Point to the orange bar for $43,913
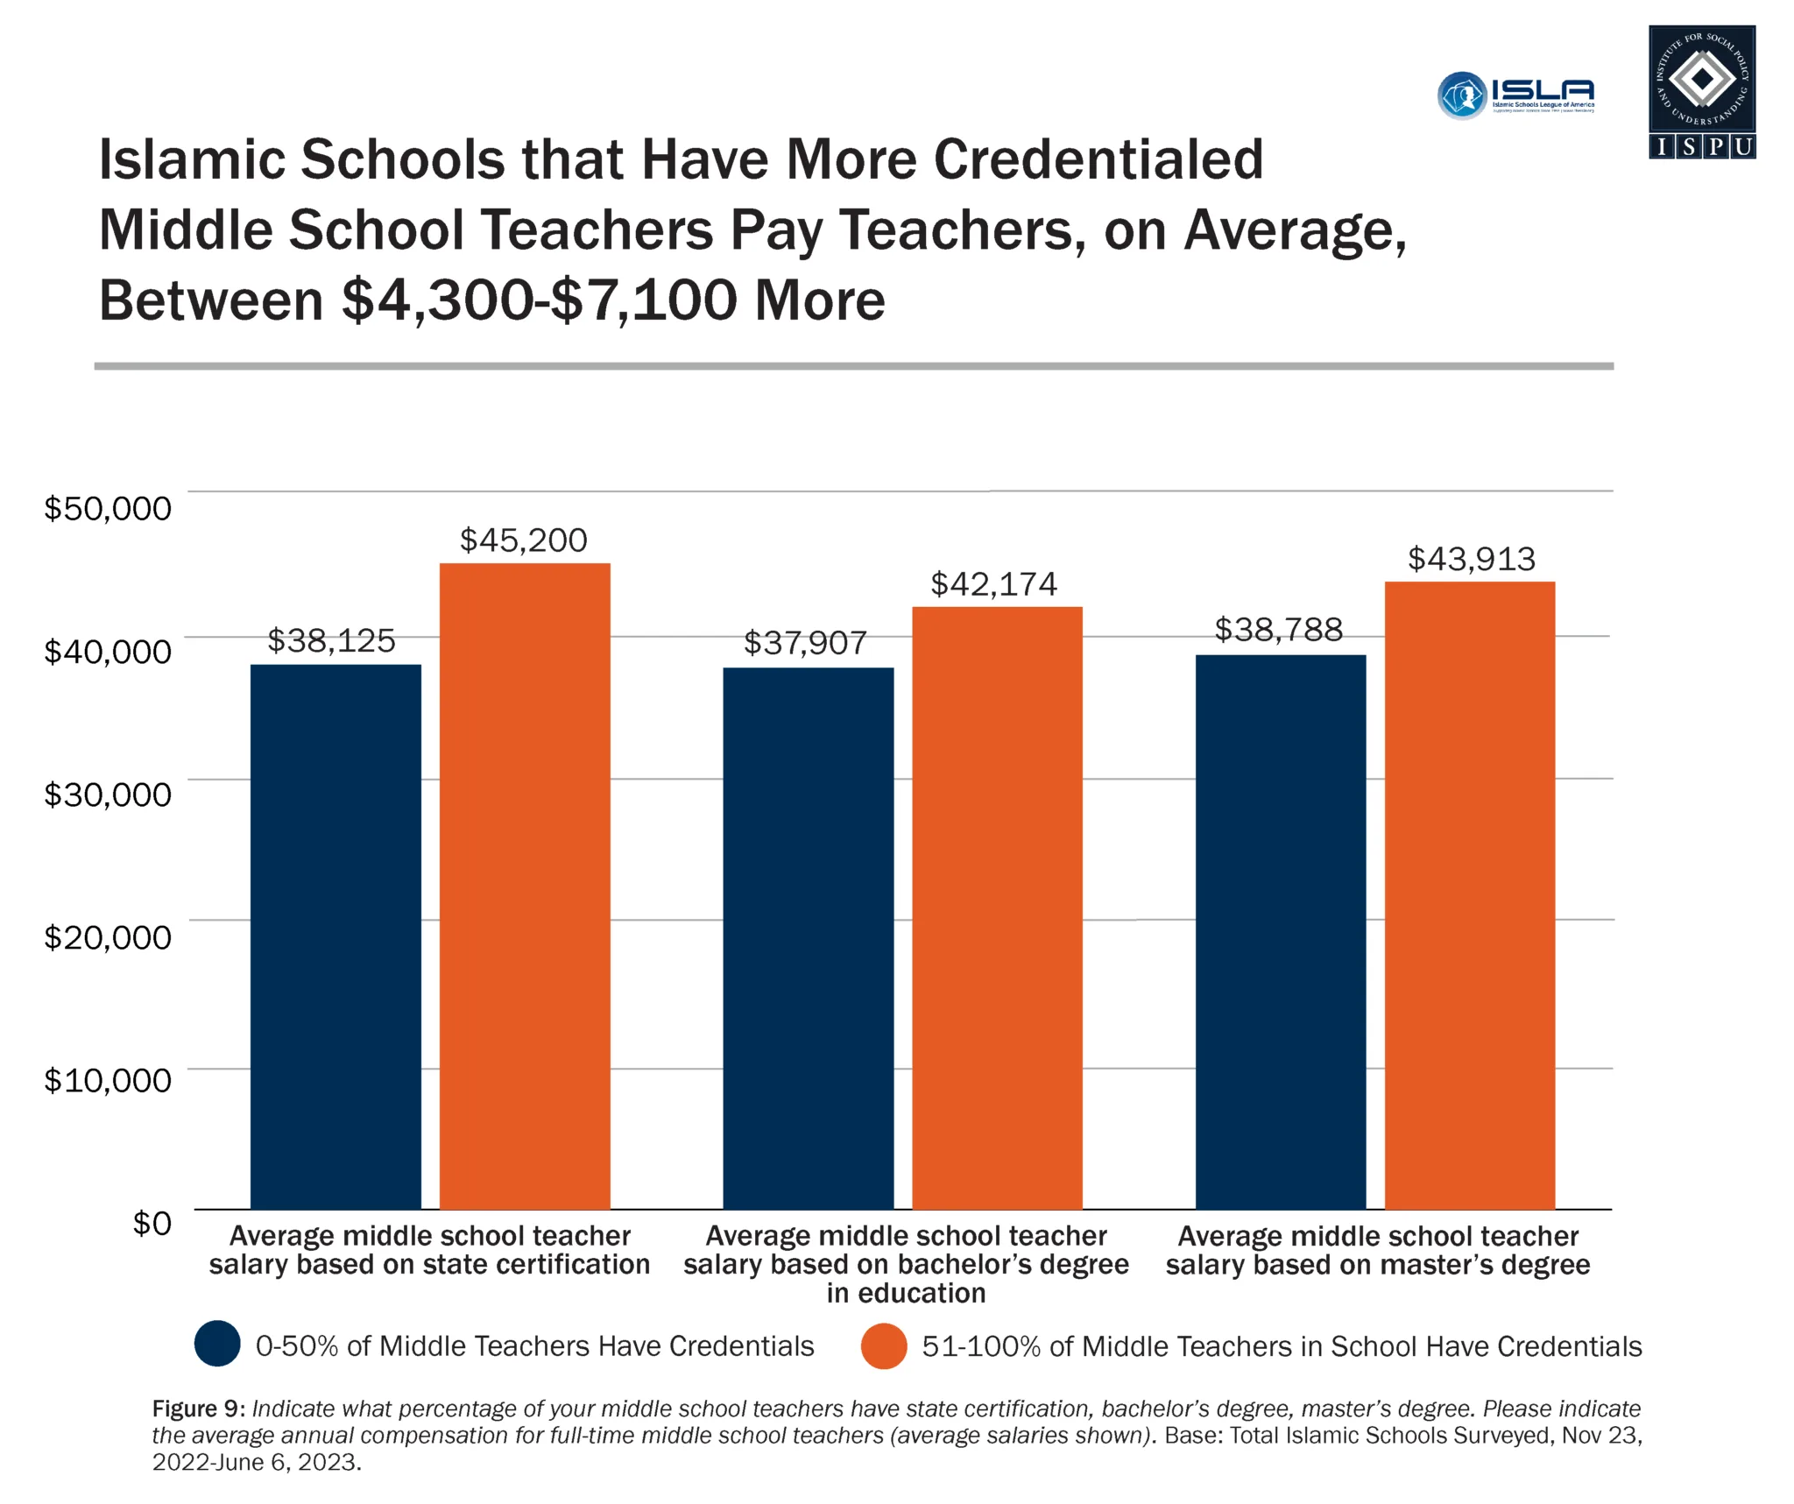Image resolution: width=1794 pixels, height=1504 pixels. pos(1469,894)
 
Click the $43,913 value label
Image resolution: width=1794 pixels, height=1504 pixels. pos(1471,559)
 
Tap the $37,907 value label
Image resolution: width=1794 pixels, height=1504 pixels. pos(805,643)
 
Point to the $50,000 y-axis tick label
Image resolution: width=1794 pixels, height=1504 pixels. pos(108,508)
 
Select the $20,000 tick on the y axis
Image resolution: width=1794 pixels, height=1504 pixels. pos(108,937)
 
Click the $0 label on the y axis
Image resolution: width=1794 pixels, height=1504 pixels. pos(152,1223)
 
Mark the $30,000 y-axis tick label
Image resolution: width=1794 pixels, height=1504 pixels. pos(108,794)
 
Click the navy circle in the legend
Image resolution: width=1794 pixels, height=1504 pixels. pos(217,1344)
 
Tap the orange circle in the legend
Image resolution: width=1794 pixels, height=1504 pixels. pos(883,1345)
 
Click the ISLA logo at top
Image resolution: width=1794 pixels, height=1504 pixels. pos(1515,95)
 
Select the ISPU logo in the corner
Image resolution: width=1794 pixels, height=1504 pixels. pos(1701,92)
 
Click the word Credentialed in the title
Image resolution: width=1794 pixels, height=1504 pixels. pos(1098,159)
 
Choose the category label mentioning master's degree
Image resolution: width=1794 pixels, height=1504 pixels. pos(1377,1250)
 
